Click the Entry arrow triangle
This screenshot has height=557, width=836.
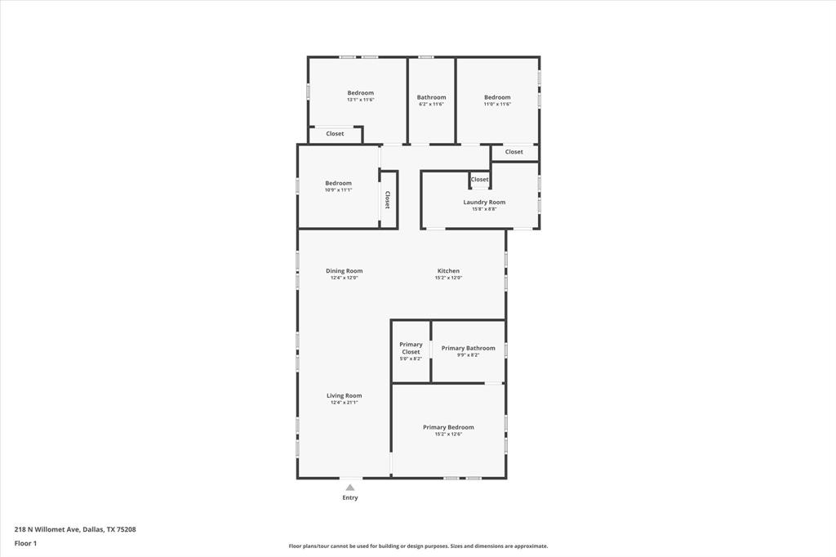[x=350, y=488]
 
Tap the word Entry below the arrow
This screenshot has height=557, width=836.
[x=350, y=497]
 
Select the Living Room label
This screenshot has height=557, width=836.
[x=344, y=395]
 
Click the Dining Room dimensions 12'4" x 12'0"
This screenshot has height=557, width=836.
[x=344, y=278]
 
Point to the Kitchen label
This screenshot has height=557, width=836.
[x=448, y=270]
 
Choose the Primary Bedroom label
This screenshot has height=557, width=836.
[x=448, y=427]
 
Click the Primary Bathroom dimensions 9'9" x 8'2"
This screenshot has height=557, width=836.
[x=468, y=355]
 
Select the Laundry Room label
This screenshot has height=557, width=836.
[x=484, y=202]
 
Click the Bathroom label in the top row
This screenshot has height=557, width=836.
[x=432, y=97]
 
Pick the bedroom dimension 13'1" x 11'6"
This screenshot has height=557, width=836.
[x=360, y=100]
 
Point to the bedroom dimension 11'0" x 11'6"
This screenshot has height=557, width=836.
[x=497, y=105]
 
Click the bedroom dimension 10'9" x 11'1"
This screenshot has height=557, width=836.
[x=338, y=190]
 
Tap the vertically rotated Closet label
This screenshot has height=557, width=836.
[x=387, y=200]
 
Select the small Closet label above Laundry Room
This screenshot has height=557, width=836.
[x=479, y=180]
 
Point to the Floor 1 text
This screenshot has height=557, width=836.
[x=25, y=543]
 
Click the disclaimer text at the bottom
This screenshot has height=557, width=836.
[x=418, y=546]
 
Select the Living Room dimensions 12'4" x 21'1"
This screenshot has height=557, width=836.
[x=344, y=403]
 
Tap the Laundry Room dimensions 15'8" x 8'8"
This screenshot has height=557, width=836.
[x=484, y=209]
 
